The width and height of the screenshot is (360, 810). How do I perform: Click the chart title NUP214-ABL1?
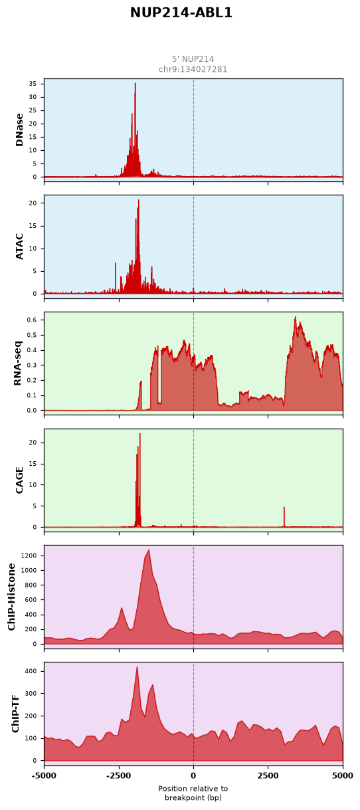181,13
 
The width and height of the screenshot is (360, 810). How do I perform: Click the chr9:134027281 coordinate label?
193,69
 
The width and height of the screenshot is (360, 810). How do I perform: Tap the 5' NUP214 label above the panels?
193,59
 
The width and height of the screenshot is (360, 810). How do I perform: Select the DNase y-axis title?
19,130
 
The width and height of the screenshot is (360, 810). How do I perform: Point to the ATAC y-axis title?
19,247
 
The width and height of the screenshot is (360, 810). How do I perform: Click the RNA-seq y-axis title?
18,363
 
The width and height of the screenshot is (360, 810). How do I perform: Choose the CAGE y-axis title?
19,480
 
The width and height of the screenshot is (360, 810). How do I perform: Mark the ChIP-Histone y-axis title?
12,597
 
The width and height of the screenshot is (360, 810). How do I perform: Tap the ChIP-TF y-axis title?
15,714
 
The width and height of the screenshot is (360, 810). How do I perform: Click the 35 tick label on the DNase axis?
33,84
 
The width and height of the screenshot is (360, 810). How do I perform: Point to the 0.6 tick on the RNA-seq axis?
32,320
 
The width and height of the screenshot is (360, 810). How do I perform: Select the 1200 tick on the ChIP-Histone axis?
31,556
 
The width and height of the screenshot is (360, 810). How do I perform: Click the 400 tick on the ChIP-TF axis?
32,671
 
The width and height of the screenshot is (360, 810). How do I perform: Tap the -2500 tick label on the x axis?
119,775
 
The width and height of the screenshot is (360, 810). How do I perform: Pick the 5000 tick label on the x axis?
342,775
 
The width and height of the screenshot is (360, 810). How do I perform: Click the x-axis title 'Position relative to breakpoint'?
193,793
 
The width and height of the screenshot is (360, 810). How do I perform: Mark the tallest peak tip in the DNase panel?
135,83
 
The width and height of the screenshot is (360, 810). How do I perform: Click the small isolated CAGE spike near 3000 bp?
284,516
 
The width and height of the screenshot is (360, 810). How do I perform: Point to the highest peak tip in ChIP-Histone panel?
149,550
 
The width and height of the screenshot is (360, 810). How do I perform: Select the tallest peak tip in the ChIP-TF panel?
137,666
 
